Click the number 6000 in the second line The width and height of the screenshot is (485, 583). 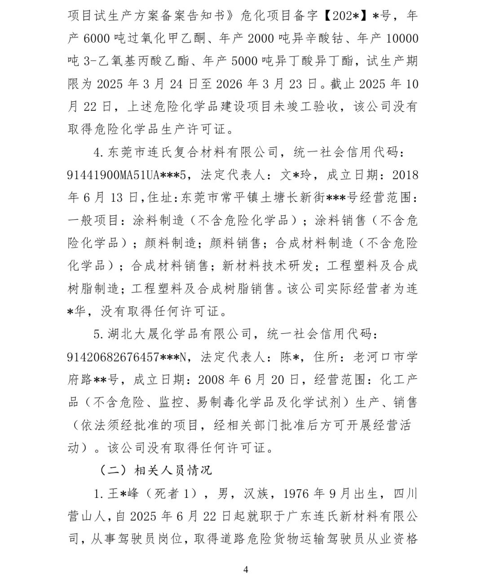[97, 38]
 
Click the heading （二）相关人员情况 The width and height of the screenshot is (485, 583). [155, 470]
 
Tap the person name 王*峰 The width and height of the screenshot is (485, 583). [124, 493]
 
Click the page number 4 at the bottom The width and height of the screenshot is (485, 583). [246, 570]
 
